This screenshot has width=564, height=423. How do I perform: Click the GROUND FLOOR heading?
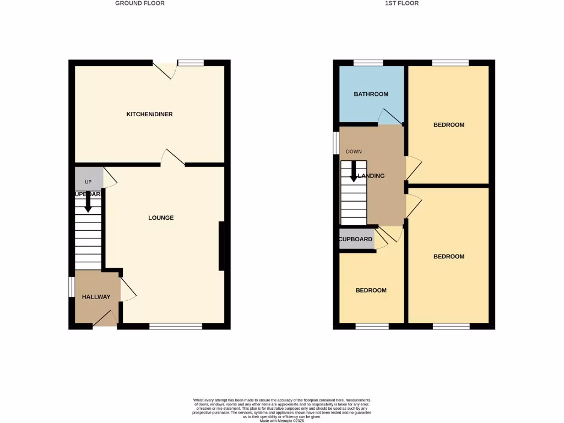[139, 3]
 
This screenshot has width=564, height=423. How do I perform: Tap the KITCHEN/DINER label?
[149, 115]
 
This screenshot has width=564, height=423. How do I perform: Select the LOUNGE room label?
[161, 218]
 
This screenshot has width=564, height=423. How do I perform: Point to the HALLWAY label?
[96, 297]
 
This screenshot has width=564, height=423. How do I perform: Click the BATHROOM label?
[371, 94]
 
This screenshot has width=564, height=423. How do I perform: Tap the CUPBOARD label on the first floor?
[356, 240]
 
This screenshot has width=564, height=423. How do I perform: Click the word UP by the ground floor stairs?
[88, 182]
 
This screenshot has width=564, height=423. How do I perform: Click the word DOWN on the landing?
[354, 151]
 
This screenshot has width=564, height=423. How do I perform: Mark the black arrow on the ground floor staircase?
[88, 205]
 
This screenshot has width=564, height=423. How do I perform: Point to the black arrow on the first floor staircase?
[354, 172]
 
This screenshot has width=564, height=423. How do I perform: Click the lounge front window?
[176, 327]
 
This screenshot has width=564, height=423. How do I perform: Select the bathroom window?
[368, 63]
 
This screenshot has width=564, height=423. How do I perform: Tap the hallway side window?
[71, 286]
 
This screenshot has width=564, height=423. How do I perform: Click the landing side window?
[336, 143]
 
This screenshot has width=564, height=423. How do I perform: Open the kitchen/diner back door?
[165, 70]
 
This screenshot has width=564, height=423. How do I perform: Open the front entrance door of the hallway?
[106, 319]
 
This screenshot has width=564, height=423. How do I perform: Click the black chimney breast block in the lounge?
[221, 246]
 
